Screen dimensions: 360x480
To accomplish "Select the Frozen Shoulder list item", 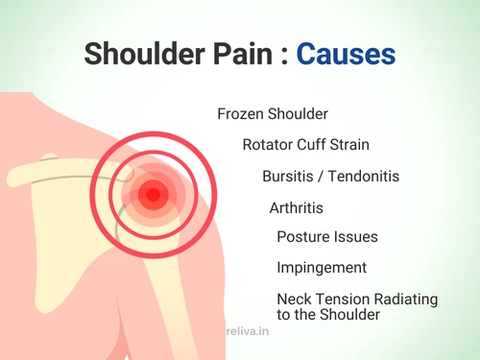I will (273, 114).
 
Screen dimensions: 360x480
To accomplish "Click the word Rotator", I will (270, 146).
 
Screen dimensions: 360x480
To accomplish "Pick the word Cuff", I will (320, 146).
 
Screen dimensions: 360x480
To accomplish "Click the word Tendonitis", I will (364, 177).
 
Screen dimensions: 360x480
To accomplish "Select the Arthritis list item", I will (296, 207).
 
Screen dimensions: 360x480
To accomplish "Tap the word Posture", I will (302, 237).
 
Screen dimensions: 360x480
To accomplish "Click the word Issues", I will (355, 237).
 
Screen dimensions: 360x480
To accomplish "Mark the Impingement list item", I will (320, 268).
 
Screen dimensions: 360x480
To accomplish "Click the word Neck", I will (292, 299).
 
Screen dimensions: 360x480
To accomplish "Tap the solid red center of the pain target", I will (150, 196).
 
